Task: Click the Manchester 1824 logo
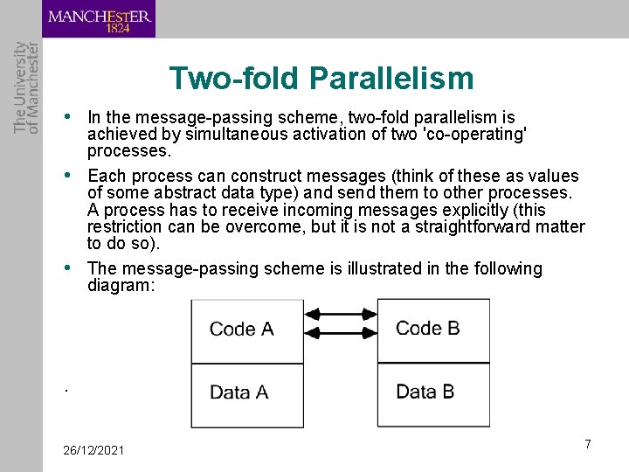(x=99, y=19)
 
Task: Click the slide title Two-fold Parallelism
(x=321, y=79)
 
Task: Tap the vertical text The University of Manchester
(x=26, y=87)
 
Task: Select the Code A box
(x=241, y=330)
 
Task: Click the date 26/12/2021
(x=93, y=450)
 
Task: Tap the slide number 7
(x=588, y=444)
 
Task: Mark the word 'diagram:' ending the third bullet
(x=121, y=285)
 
